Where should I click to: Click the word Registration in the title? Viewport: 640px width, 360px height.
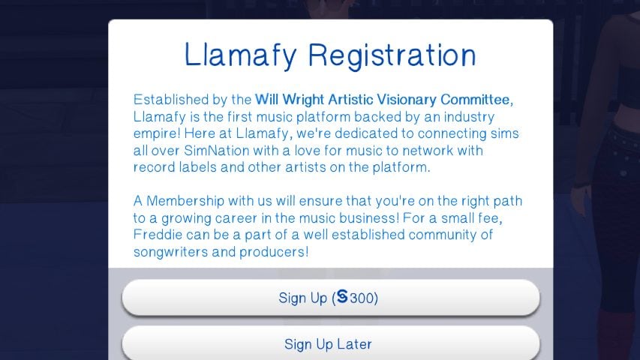[x=392, y=56]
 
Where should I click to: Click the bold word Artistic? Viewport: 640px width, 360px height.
[x=350, y=100]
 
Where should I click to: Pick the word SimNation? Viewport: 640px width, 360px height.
[x=216, y=151]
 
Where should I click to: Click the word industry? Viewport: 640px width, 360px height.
[x=469, y=117]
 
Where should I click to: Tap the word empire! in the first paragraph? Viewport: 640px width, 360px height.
[x=157, y=134]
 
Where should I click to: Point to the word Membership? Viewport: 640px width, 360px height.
[x=185, y=201]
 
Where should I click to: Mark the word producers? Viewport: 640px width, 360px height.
[x=273, y=252]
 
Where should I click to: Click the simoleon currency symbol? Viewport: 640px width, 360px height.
[x=342, y=297]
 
